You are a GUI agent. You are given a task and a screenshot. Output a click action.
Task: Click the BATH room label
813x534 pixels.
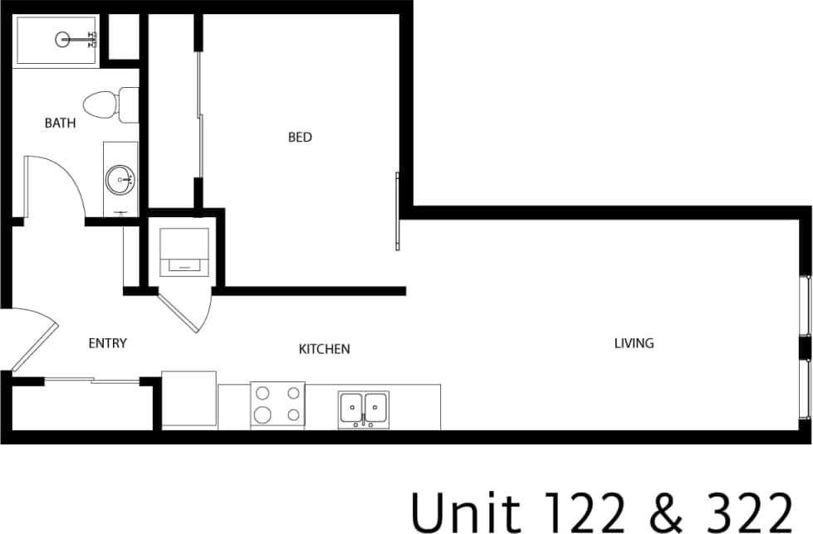click(x=60, y=124)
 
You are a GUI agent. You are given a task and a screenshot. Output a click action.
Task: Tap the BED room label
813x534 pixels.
click(x=300, y=137)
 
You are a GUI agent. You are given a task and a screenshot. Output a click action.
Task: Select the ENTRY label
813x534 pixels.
click(x=107, y=343)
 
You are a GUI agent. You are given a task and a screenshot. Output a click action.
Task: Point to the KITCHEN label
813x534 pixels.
click(x=324, y=349)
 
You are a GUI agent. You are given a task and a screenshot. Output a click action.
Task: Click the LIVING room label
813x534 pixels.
click(x=634, y=342)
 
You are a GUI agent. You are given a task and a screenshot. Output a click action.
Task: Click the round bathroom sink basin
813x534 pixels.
click(x=120, y=177)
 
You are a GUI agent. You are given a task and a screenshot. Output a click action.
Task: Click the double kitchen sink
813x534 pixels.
click(x=364, y=407)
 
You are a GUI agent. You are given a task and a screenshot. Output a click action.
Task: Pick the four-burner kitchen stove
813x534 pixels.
click(x=277, y=405)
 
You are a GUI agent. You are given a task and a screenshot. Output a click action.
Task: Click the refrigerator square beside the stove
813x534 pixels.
click(x=189, y=400)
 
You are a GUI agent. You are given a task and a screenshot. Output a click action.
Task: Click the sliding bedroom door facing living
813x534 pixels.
click(x=398, y=211)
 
